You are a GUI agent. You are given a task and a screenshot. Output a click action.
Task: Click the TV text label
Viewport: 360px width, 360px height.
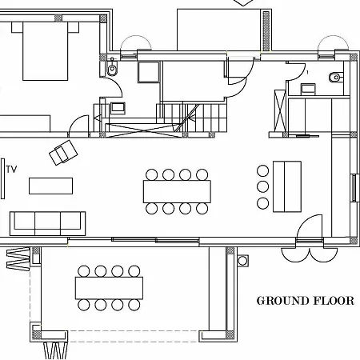(11, 169)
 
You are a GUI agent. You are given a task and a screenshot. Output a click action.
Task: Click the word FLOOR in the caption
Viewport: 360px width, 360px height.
(334, 302)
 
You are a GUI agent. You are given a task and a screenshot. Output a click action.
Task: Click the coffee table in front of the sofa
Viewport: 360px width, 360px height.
(52, 186)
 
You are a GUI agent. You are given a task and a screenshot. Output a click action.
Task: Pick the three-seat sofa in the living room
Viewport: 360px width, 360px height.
(47, 221)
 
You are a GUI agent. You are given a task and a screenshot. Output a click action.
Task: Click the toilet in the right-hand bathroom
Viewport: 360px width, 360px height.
(334, 78)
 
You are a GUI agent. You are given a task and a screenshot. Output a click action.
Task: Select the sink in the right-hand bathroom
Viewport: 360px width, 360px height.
(304, 90)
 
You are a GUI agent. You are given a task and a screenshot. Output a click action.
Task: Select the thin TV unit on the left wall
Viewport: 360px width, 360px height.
(2, 178)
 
